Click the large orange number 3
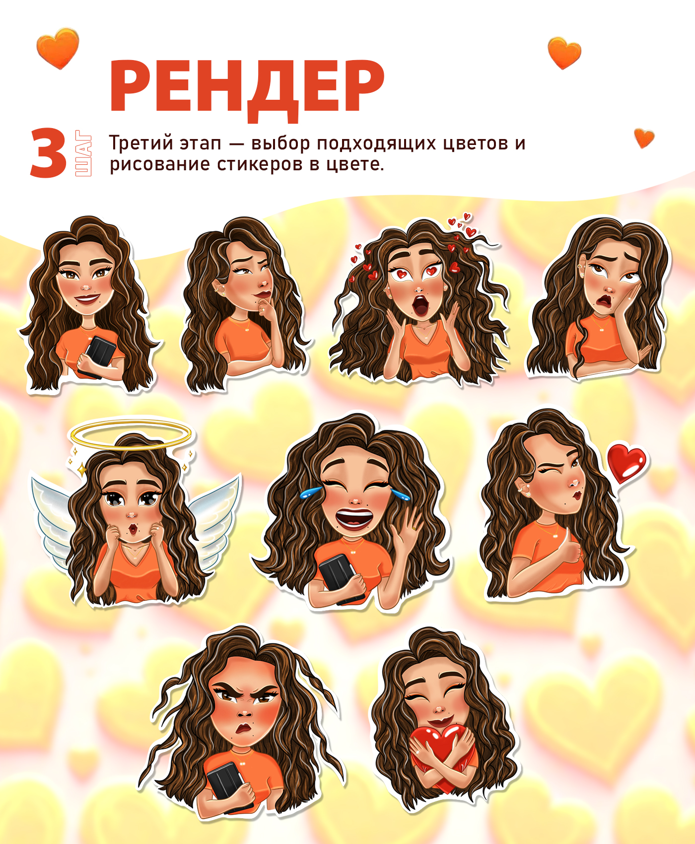pos(48,152)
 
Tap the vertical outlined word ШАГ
pos(83,153)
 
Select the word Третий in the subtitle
pos(140,143)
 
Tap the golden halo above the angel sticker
pos(131,435)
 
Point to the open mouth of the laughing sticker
pos(354,518)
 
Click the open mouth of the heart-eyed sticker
pos(420,305)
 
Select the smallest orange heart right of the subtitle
pos(644,138)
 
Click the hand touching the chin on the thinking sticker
pos(269,310)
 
